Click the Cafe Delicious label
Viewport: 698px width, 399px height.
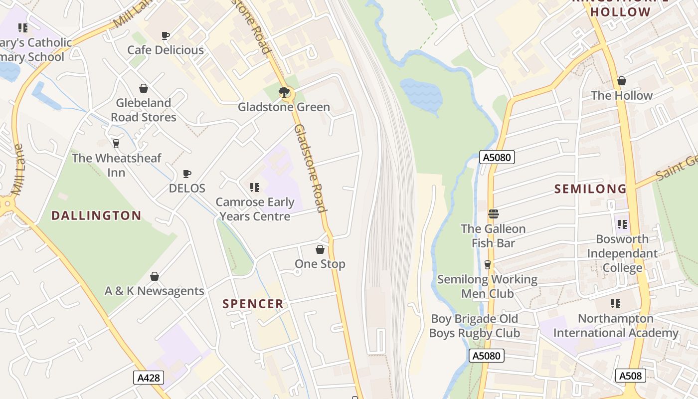pos(166,50)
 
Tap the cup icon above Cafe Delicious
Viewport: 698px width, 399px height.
pos(166,35)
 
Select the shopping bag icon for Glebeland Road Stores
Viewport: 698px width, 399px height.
pos(144,88)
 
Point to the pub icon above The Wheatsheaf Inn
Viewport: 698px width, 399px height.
pos(116,144)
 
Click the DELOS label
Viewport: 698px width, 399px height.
pos(187,188)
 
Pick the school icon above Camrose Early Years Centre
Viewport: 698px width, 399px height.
pos(255,188)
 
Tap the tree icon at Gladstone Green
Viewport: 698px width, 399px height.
pos(284,92)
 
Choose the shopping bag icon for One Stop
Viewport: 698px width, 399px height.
pos(320,249)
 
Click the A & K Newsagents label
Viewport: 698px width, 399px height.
pos(155,291)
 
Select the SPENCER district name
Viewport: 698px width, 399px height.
pos(253,304)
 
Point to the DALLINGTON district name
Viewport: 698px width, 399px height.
pos(97,215)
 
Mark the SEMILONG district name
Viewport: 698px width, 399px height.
pos(590,189)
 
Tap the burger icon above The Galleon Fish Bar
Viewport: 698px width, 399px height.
pos(494,214)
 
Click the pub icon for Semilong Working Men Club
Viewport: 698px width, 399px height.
pos(487,265)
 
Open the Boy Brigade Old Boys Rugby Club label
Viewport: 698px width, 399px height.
pos(475,326)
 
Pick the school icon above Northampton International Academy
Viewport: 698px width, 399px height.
pos(616,304)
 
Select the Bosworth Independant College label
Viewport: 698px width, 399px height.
pos(622,253)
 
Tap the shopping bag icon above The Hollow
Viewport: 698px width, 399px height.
pos(622,81)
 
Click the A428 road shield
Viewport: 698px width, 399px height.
pos(149,378)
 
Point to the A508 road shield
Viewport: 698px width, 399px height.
pos(630,376)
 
